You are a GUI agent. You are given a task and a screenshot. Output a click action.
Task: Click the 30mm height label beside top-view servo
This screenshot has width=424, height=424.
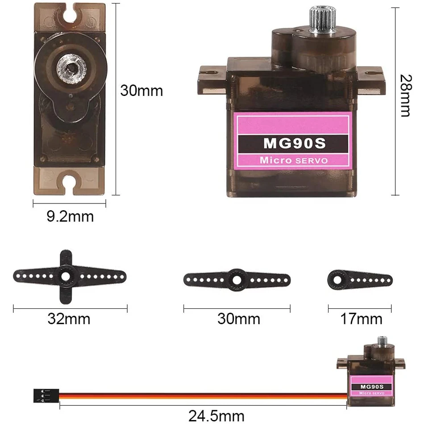(141, 91)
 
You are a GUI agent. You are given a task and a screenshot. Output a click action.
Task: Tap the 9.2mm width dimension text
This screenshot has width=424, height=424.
(70, 217)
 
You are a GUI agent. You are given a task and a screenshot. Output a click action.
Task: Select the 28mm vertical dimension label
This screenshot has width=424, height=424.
(405, 96)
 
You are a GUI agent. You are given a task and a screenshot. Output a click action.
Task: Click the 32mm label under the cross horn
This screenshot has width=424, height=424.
(69, 319)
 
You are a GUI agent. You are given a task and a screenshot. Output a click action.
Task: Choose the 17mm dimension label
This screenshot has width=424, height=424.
(361, 319)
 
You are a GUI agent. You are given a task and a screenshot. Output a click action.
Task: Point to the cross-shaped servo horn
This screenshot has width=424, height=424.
(66, 276)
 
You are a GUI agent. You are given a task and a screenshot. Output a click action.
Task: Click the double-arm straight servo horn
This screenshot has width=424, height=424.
(237, 280)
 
